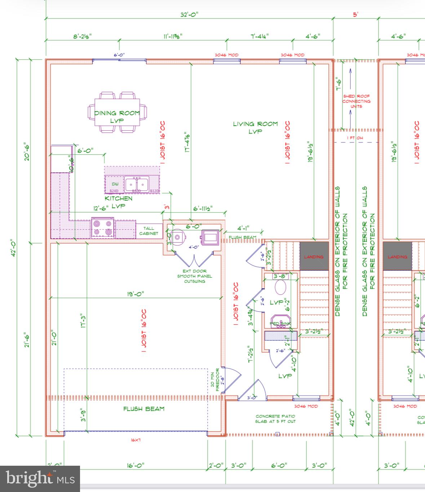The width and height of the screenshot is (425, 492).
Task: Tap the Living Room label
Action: point(255,127)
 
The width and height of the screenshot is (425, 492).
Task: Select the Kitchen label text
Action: point(119,198)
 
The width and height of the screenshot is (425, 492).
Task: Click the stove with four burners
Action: point(103,228)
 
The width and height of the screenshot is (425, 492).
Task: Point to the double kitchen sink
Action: point(137,184)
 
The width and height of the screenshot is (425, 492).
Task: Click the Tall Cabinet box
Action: point(149,231)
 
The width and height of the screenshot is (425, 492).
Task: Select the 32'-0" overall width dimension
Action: point(189,14)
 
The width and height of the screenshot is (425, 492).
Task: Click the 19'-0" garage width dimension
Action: point(135,294)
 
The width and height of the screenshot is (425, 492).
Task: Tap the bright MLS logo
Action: point(40,479)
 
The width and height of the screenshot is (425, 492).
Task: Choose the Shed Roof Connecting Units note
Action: point(356,101)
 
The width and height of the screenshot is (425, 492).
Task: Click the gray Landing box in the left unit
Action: point(314,256)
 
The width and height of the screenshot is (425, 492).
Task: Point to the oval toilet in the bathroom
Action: point(280,288)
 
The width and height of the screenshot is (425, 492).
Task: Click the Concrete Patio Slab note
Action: point(275,419)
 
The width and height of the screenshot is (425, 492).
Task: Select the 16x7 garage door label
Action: point(136,440)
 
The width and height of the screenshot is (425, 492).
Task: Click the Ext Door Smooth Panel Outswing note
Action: point(194,276)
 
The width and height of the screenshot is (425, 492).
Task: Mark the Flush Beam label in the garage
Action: point(144,409)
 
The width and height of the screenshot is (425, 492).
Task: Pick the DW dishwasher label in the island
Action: point(115,184)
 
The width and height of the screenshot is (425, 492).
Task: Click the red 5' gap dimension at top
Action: point(355,15)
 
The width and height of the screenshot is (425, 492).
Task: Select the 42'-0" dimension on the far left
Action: point(14,248)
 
